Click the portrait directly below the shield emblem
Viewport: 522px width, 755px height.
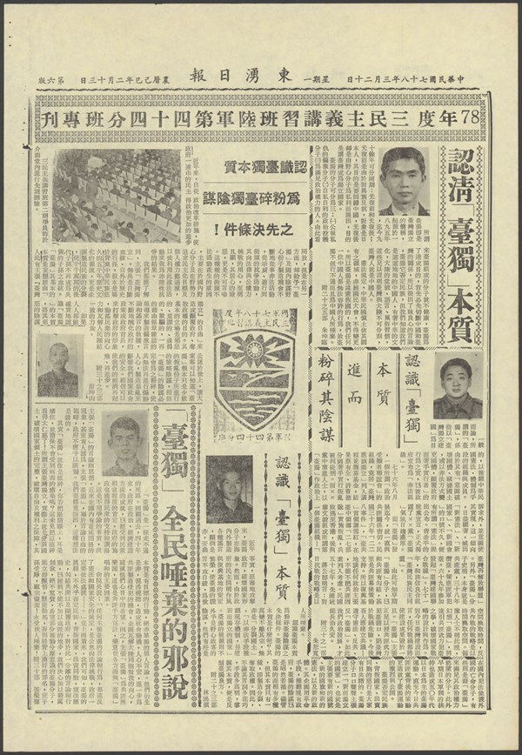pos(229,489)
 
